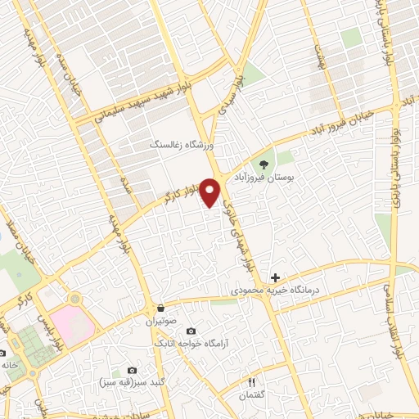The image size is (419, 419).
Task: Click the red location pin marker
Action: tap(211, 192)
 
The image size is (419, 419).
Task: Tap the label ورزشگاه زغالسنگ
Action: tap(181, 144)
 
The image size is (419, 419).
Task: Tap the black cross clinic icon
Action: tap(275, 279)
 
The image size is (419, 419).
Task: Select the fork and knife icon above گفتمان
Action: tap(252, 382)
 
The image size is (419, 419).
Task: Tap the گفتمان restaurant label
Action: tap(253, 395)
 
